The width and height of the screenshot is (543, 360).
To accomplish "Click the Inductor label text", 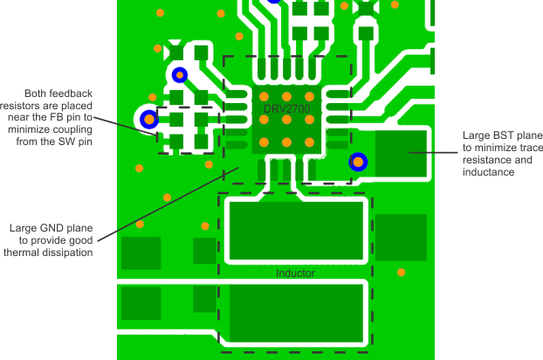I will [295, 273].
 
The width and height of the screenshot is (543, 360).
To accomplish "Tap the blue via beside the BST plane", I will [358, 162].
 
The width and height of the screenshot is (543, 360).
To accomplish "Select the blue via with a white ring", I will [149, 118].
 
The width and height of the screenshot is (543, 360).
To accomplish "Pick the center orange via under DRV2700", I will [285, 121].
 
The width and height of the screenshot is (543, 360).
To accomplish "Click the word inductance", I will [489, 172].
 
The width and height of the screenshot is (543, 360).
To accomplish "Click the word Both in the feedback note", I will [37, 93].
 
